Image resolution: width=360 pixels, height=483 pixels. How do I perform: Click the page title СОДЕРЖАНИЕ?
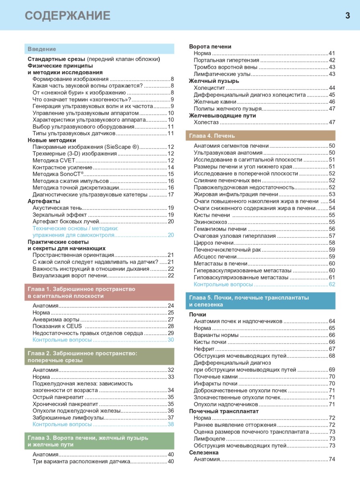[68, 16]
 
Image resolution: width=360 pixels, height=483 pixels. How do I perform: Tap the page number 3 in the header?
[347, 16]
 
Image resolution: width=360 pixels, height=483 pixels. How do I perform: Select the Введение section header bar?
[99, 49]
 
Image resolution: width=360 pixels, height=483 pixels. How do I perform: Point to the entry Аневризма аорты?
[56, 320]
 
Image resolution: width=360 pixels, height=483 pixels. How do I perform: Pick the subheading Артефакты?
[44, 201]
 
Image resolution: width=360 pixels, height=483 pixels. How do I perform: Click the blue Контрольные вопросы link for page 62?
[223, 284]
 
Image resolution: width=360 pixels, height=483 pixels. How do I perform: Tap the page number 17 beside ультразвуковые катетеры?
[171, 195]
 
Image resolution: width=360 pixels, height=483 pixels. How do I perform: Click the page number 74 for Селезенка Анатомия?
[332, 459]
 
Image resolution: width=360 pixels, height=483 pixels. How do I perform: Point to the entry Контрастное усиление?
[62, 167]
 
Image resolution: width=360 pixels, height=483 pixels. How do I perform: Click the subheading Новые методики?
[52, 140]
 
